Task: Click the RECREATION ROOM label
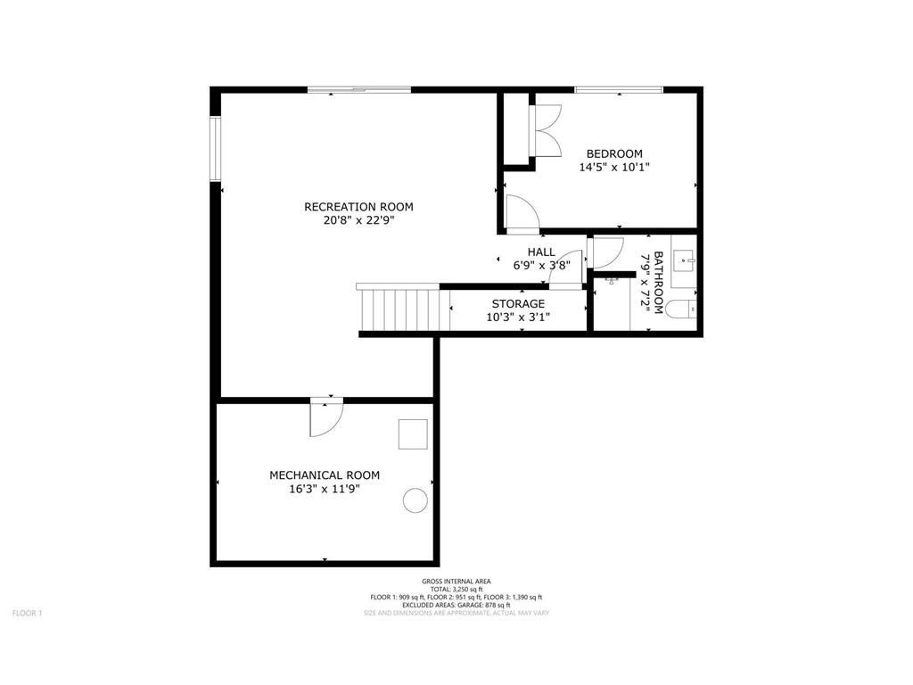pos(358,207)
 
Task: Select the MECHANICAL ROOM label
pos(325,475)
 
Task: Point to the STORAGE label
pos(518,304)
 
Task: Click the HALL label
pos(541,252)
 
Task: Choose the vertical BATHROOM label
pos(659,283)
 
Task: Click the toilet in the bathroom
pos(682,309)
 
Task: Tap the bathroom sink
pos(683,261)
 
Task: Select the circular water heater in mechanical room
pos(415,501)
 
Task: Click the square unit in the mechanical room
pos(413,434)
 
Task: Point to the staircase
pos(400,309)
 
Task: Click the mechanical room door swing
pos(325,419)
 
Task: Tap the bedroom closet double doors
pos(546,130)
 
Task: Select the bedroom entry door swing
pos(522,212)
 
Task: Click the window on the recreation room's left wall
pos(215,148)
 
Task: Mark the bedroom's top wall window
pos(618,89)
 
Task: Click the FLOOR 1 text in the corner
pos(27,613)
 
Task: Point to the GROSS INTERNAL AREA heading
pos(456,581)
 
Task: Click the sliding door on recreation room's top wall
pos(358,89)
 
